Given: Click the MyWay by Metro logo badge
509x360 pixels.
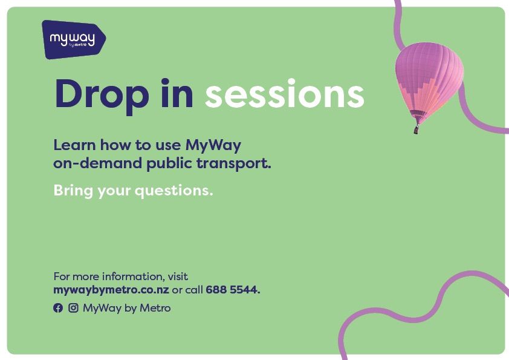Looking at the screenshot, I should (73, 40).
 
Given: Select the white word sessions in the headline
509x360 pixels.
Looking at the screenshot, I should (284, 94).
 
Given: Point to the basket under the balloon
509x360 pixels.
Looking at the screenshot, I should (416, 129).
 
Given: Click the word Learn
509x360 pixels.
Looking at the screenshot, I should (74, 145).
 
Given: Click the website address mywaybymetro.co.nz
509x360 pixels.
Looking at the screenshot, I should (111, 290).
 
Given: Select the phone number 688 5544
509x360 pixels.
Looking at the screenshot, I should (233, 290).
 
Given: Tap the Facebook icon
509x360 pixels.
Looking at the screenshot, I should (58, 308).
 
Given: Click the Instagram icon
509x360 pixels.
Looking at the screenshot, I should (73, 308).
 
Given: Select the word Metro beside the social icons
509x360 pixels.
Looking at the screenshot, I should (155, 308).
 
